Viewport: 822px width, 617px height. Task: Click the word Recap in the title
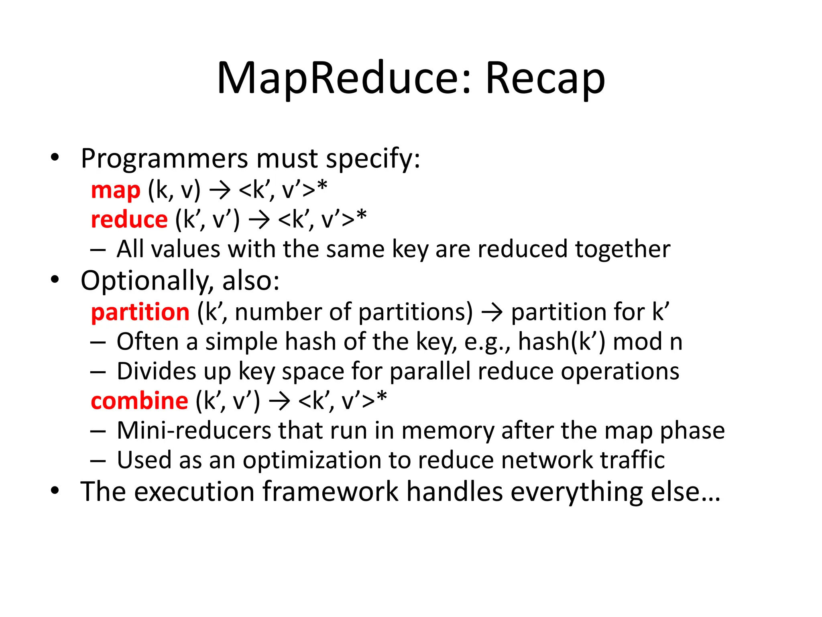click(x=545, y=78)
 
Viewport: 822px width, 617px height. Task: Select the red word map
click(x=116, y=190)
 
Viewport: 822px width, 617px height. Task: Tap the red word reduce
click(x=129, y=220)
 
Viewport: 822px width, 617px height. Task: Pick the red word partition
click(x=140, y=312)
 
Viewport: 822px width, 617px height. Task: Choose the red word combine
click(x=139, y=401)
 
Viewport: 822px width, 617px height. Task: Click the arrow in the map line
click(x=220, y=190)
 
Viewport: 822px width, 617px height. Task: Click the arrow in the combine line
click(x=279, y=401)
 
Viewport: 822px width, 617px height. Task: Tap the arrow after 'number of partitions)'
click(x=492, y=312)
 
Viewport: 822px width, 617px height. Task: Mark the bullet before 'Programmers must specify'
click(x=55, y=157)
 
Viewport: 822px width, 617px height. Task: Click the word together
click(x=623, y=250)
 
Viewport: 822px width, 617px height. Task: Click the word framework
click(x=330, y=491)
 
